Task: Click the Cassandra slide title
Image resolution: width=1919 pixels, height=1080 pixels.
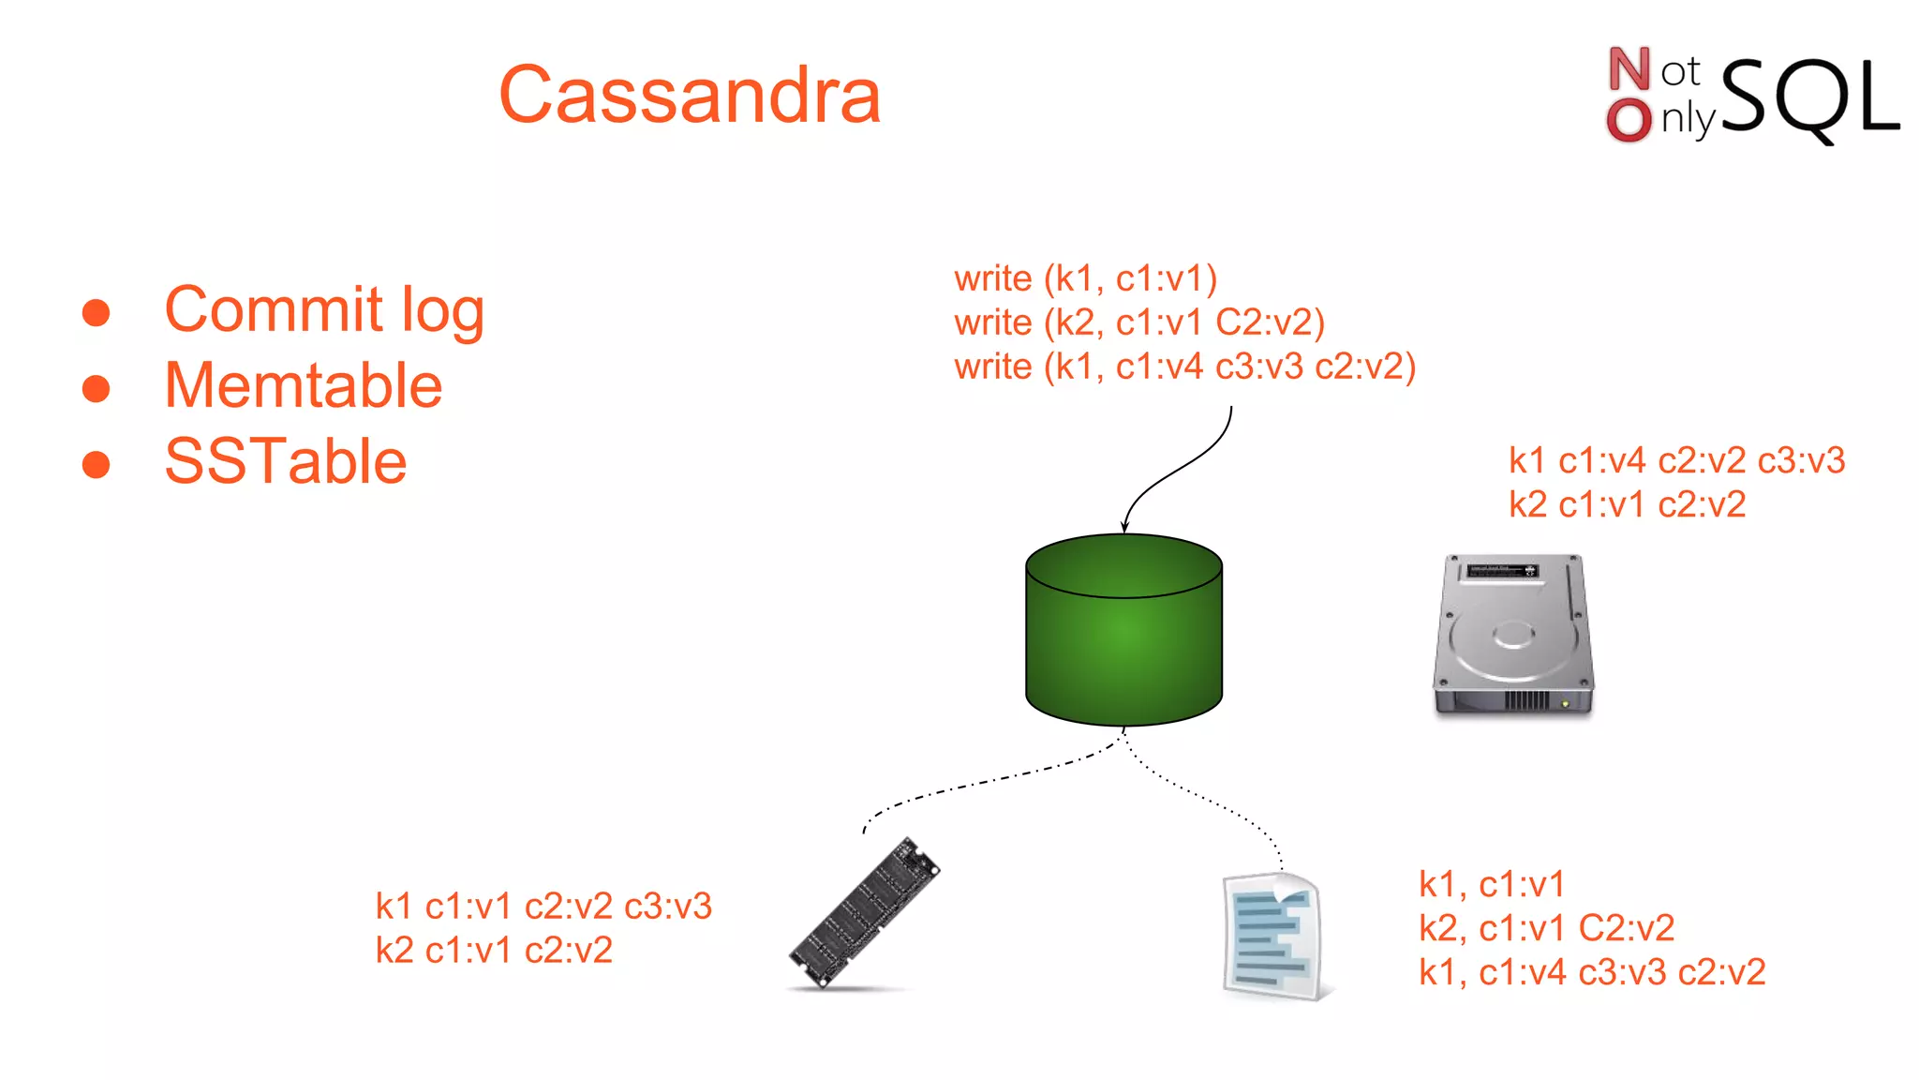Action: point(690,96)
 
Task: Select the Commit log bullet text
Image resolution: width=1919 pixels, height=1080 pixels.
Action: point(323,310)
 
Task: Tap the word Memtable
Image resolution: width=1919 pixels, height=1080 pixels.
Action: point(303,386)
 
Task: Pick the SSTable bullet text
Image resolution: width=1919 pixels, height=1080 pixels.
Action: point(285,462)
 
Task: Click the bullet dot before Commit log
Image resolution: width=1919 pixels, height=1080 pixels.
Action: point(96,312)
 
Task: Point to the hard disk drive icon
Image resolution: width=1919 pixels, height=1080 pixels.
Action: point(1512,637)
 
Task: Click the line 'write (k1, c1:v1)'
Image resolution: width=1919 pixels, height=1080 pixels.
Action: point(1085,279)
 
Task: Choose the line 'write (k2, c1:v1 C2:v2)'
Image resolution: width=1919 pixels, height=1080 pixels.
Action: point(1138,323)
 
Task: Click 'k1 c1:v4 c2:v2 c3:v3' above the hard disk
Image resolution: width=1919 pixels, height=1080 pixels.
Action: point(1675,461)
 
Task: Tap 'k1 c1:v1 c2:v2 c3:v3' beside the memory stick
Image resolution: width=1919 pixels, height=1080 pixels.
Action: point(543,907)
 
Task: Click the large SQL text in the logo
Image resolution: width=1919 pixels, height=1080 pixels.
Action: point(1808,98)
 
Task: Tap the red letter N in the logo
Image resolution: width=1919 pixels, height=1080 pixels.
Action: point(1629,69)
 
